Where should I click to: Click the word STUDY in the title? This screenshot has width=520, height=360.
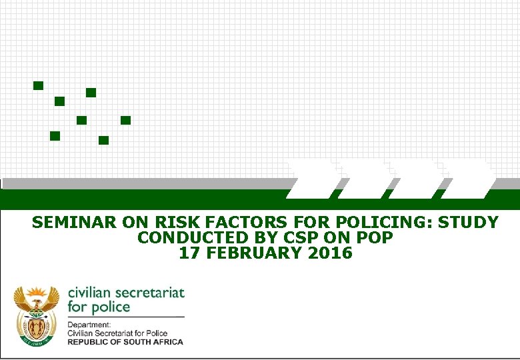coord(469,223)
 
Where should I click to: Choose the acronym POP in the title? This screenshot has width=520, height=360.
coord(374,238)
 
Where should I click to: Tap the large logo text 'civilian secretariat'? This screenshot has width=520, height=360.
coord(126,293)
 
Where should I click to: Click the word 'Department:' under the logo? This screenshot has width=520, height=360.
coord(87,325)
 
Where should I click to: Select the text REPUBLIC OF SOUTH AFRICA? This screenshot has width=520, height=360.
coord(125,341)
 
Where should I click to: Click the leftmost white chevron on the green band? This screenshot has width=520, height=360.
coord(313,179)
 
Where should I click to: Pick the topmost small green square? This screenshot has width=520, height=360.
coord(38,85)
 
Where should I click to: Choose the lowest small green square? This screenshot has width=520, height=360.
coord(103,140)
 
